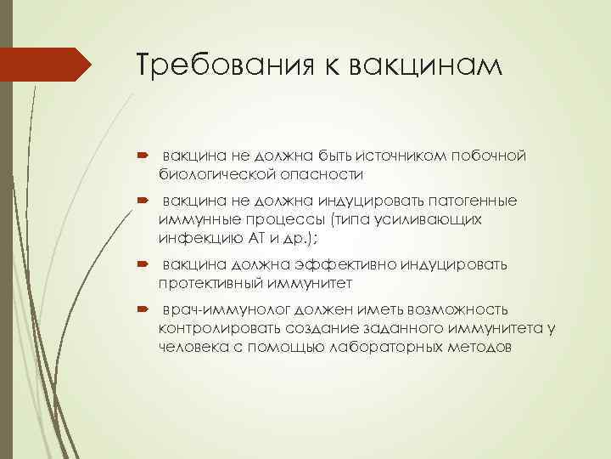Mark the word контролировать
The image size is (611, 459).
pos(216,328)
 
